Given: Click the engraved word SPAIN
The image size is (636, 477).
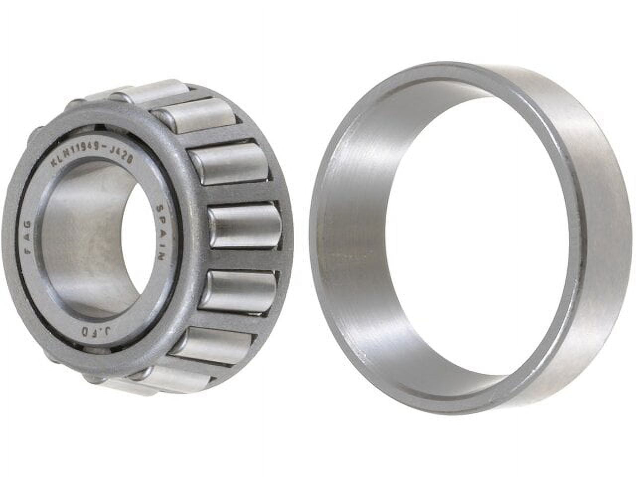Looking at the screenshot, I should (x=161, y=233).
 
